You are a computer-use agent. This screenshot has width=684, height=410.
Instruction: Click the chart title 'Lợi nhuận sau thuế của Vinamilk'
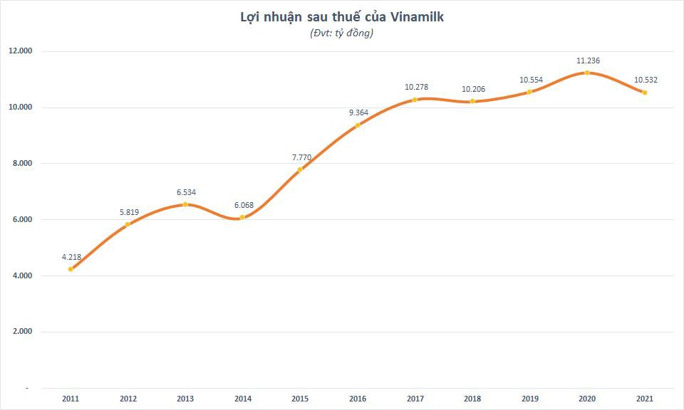(342, 17)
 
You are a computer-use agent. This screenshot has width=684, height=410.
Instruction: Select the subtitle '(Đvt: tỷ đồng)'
(342, 33)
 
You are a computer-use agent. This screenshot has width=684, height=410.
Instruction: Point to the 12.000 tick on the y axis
(21, 51)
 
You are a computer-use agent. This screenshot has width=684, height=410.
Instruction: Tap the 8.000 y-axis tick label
(21, 163)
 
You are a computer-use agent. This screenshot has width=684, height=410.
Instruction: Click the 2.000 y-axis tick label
(21, 332)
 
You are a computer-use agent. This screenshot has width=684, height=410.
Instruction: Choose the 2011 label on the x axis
(71, 399)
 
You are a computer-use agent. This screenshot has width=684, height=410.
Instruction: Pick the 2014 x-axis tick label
(243, 399)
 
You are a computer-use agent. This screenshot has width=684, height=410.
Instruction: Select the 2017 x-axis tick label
(415, 399)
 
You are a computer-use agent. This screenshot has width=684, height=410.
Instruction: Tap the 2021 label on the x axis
(644, 399)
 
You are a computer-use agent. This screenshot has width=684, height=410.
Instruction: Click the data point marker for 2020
(587, 73)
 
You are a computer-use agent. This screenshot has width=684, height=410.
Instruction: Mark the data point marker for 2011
(71, 269)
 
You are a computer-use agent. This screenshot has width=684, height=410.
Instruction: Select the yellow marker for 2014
(243, 217)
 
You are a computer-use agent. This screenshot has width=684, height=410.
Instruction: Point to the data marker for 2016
(358, 125)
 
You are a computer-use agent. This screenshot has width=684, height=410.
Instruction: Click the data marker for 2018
(472, 101)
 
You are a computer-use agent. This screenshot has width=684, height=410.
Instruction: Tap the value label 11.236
(589, 61)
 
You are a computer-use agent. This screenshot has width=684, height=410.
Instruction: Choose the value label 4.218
(71, 256)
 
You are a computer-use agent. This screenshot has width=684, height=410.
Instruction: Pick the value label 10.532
(646, 80)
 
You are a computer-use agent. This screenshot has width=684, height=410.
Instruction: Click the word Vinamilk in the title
(415, 17)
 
